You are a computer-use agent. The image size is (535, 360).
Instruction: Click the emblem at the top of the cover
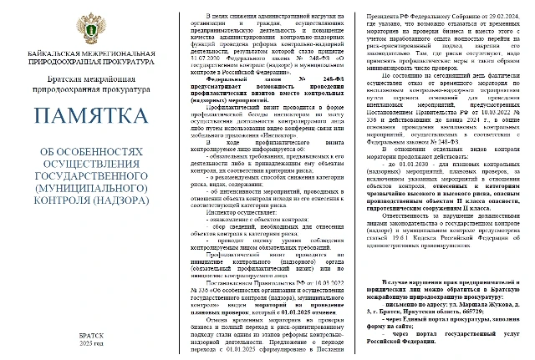[89, 26]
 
